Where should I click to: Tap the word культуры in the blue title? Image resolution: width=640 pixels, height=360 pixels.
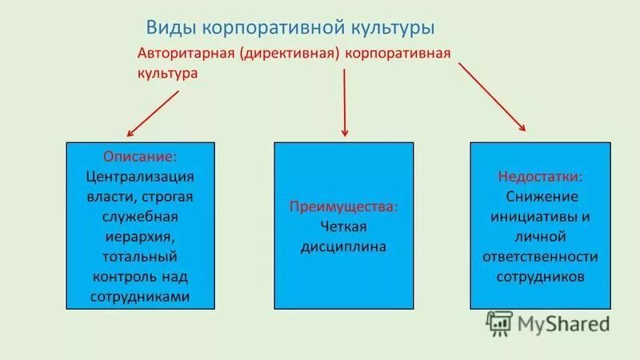click(391, 28)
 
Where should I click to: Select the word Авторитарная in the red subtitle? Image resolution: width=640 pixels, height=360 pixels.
click(186, 54)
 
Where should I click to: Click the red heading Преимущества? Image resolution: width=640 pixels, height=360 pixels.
click(344, 206)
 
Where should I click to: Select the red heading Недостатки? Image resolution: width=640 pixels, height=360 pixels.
click(540, 176)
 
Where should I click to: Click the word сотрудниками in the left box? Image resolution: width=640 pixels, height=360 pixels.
click(140, 296)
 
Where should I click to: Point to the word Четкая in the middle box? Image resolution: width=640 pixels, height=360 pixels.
click(344, 227)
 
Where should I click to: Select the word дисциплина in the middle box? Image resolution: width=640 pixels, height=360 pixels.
click(344, 247)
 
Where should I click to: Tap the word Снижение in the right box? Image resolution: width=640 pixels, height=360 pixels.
click(540, 196)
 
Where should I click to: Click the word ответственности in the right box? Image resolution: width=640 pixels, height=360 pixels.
click(540, 256)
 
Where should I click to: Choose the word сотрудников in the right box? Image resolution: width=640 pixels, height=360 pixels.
click(540, 276)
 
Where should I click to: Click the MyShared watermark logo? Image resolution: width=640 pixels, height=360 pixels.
click(548, 322)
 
